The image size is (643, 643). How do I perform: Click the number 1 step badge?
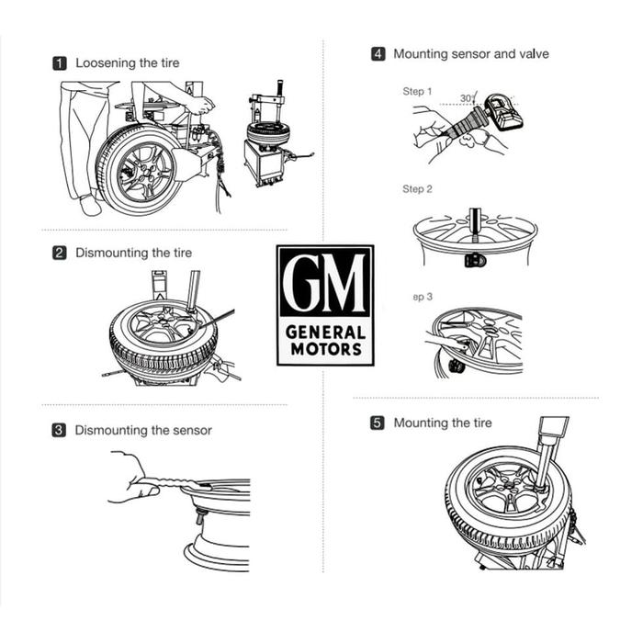(60, 63)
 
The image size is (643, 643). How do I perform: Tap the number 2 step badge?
(60, 253)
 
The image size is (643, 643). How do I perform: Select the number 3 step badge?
(59, 430)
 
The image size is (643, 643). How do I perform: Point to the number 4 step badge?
(378, 54)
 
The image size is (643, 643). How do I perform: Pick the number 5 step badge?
(378, 423)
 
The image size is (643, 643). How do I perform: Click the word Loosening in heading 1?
(106, 63)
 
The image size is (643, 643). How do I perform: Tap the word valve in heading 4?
(533, 54)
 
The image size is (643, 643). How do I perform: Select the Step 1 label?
(416, 92)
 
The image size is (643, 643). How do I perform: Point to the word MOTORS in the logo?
(325, 350)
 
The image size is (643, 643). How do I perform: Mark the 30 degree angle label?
(467, 97)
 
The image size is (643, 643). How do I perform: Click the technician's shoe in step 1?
(90, 205)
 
